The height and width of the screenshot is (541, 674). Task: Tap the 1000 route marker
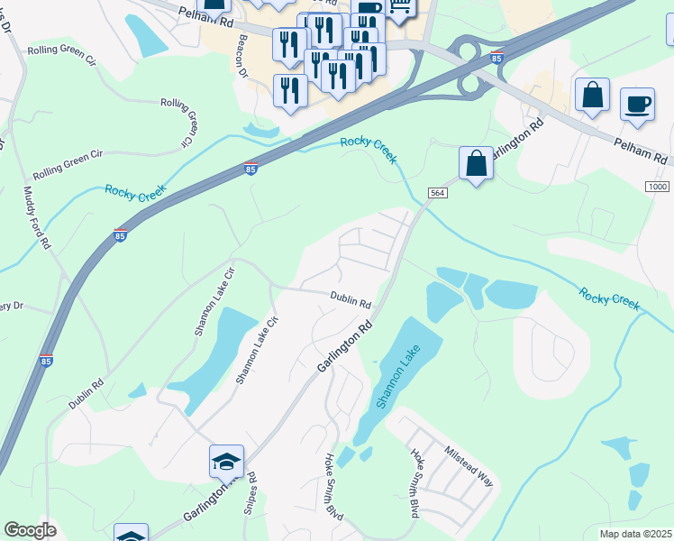(x=658, y=186)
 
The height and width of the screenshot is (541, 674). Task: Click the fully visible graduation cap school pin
(x=226, y=463)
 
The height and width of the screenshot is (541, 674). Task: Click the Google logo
(x=30, y=530)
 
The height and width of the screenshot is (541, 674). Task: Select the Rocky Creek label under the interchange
(x=368, y=149)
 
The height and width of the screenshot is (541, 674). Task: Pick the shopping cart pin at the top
(x=398, y=7)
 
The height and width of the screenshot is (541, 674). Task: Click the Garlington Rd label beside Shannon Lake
(x=344, y=346)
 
